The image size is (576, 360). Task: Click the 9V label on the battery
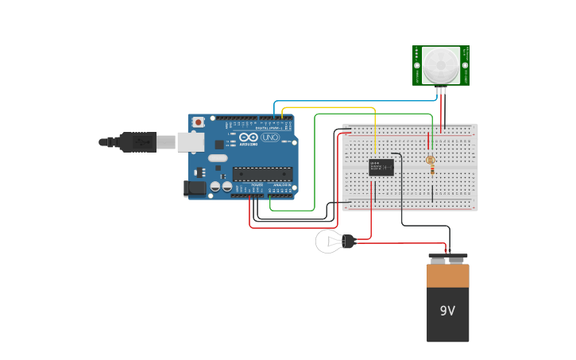pos(447,311)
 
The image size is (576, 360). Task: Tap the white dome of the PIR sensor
pos(441,64)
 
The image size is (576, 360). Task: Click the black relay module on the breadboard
pos(381,167)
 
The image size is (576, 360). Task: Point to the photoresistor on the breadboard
pos(431,161)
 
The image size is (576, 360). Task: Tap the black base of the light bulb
pos(348,241)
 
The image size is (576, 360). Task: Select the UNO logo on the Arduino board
pos(269,137)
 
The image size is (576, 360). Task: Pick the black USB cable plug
pos(139,141)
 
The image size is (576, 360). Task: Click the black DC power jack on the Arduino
pos(195,188)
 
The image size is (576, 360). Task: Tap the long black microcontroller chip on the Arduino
pos(262,174)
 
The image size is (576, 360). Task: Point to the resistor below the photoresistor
pos(431,179)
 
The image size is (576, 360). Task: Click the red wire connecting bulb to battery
pos(397,244)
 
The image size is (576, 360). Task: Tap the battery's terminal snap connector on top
pos(448,258)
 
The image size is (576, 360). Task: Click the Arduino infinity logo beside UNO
pos(248,137)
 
